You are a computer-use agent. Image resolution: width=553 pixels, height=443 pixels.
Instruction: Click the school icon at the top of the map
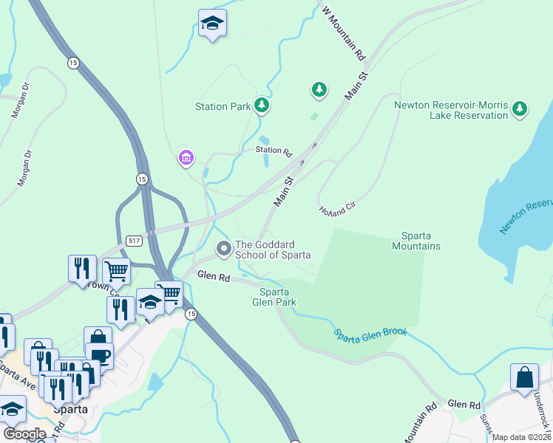[x=212, y=24]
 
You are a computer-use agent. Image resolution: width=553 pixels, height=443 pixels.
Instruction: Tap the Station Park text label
[x=223, y=106]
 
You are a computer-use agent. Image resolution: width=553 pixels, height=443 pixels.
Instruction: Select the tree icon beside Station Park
[x=261, y=106]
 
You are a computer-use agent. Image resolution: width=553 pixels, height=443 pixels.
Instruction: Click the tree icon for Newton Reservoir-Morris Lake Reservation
[x=520, y=109]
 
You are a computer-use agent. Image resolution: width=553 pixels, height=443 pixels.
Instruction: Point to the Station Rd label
[x=274, y=151]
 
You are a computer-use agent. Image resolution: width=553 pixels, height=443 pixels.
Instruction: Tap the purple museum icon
[x=186, y=157]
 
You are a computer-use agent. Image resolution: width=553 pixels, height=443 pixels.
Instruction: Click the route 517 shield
[x=134, y=240]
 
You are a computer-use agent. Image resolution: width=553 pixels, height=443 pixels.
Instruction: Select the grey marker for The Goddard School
[x=223, y=250]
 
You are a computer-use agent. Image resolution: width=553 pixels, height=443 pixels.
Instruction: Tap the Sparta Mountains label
[x=421, y=241]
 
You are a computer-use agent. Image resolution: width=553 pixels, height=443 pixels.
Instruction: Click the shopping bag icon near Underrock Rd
[x=524, y=377]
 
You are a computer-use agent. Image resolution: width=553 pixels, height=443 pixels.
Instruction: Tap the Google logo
[x=24, y=434]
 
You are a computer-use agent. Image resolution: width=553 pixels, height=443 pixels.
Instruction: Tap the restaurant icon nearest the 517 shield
[x=82, y=268]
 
